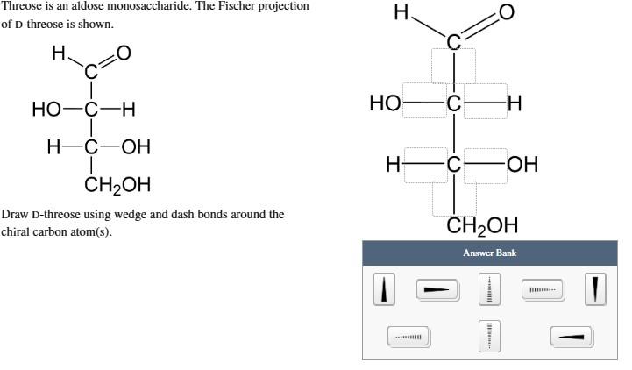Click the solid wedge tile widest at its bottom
click(383, 288)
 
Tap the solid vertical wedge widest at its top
click(595, 288)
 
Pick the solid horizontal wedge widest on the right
click(572, 336)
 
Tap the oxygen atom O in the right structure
click(506, 12)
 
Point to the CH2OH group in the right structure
click(482, 226)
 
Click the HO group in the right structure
click(385, 103)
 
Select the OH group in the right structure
click(522, 164)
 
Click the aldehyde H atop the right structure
click(401, 12)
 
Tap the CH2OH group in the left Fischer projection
click(117, 184)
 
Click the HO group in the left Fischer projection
click(46, 110)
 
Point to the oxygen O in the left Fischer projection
click(124, 53)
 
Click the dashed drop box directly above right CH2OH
click(454, 198)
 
